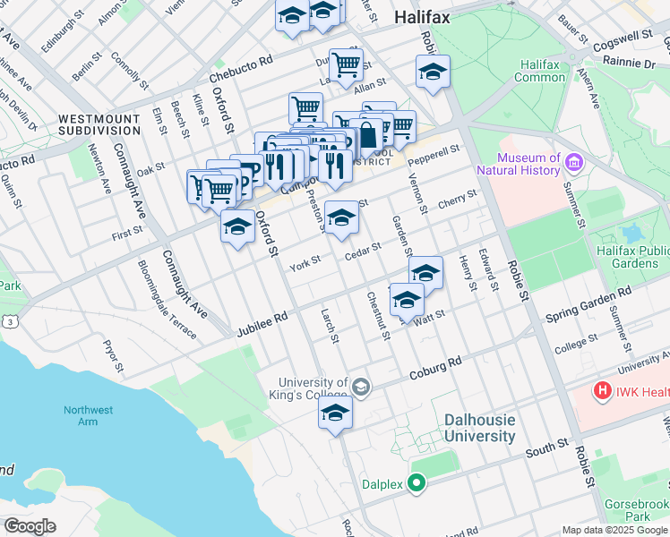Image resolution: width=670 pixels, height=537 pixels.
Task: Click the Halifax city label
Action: pyautogui.click(x=422, y=18)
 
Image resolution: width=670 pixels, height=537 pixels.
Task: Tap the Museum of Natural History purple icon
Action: pyautogui.click(x=574, y=164)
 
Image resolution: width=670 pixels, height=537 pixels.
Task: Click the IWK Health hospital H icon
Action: pyautogui.click(x=603, y=391)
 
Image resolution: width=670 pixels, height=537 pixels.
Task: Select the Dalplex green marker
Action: pyautogui.click(x=415, y=484)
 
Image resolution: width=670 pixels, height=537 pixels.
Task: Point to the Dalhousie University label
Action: pyautogui.click(x=480, y=428)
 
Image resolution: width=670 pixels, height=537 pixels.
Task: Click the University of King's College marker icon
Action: pyautogui.click(x=361, y=388)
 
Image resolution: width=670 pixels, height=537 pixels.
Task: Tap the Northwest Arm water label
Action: pyautogui.click(x=88, y=415)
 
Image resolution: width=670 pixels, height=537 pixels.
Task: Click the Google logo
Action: pyautogui.click(x=29, y=526)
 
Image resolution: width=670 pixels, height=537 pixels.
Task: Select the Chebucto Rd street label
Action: pyautogui.click(x=240, y=71)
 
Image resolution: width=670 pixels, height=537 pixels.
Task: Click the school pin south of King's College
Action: pyautogui.click(x=335, y=413)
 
